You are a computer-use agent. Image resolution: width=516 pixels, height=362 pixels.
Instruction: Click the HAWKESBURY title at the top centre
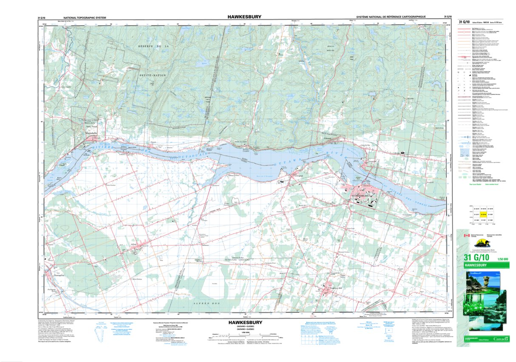click(x=244, y=17)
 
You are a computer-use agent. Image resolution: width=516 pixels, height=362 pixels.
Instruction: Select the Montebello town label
click(x=92, y=133)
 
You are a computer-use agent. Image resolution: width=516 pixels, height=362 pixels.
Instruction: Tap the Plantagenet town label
click(x=59, y=275)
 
